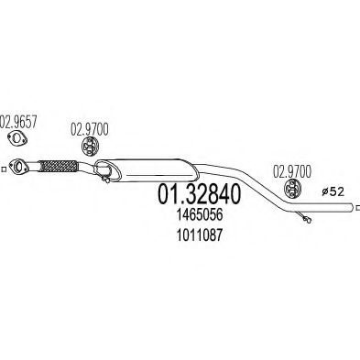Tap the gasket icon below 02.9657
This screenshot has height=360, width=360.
tap(19, 139)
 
